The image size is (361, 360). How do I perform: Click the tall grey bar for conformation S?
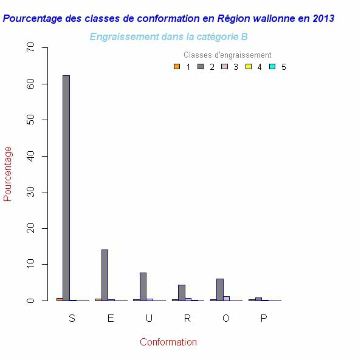coord(66,188)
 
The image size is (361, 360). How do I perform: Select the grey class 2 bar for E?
coord(105,275)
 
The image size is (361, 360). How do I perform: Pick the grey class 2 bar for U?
coord(143,287)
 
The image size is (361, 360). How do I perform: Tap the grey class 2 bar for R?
coord(181,293)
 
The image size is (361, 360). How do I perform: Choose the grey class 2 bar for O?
coord(219,290)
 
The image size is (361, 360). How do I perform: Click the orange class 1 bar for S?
coord(60,299)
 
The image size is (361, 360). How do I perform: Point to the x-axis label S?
coord(72,319)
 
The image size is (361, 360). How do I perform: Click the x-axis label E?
coord(110,319)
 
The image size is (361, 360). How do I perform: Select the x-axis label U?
coord(149,319)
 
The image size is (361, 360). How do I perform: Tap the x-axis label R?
coord(187,319)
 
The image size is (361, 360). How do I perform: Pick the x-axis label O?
coord(225,319)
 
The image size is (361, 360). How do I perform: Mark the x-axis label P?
coord(264,319)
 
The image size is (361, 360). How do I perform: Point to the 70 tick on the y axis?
coord(39,47)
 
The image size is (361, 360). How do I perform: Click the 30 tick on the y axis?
coord(39,192)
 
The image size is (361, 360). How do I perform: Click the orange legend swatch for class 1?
coord(177,67)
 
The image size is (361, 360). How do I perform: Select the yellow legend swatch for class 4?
coord(248,67)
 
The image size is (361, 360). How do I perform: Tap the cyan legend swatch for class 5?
coord(272,67)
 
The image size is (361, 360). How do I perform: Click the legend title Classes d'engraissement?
coord(227,55)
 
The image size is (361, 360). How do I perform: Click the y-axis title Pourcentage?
coord(8,174)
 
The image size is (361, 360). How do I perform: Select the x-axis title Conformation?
coord(168,342)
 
